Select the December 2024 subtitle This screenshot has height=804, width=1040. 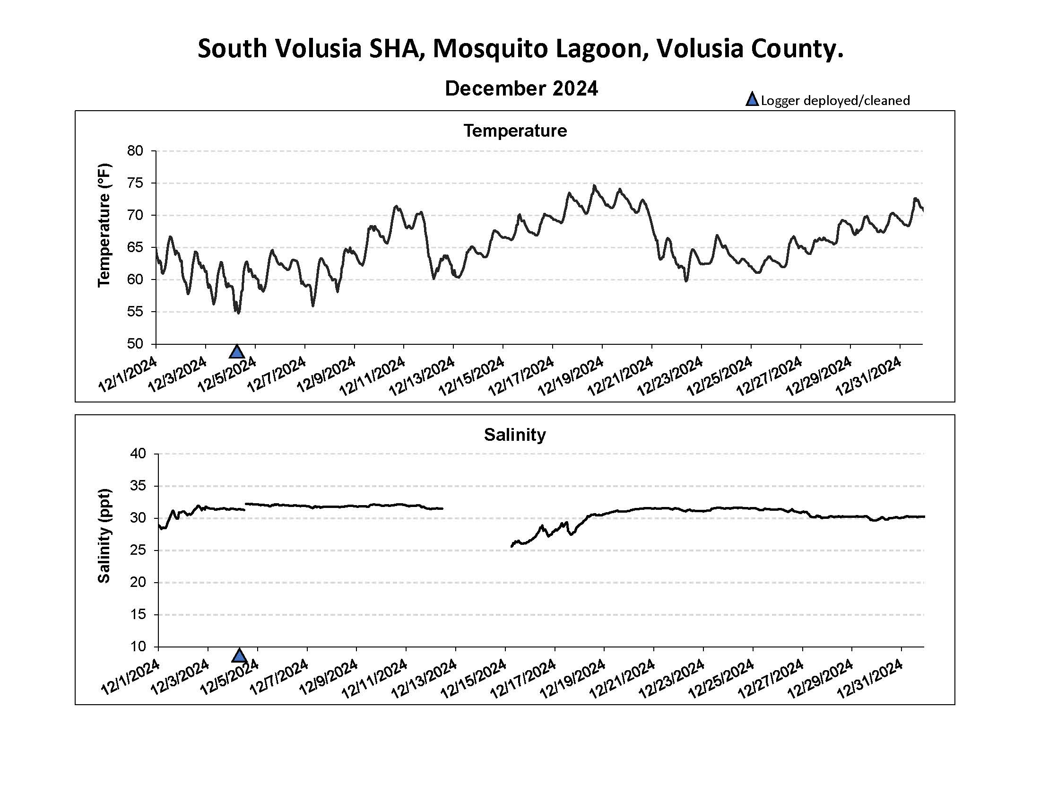(521, 88)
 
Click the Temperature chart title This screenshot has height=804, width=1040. (515, 131)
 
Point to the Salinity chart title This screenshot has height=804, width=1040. (515, 434)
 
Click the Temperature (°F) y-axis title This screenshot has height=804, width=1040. (104, 225)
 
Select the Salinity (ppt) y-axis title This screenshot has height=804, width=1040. (104, 536)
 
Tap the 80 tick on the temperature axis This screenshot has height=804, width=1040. (135, 151)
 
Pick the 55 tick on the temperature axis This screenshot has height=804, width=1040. (135, 312)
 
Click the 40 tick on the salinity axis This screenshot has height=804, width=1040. (138, 454)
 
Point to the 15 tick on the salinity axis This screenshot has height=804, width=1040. (138, 614)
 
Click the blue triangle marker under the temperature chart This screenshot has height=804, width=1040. (237, 352)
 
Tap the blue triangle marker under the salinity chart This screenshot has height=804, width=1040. (239, 655)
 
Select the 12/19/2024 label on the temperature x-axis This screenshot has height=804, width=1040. (571, 376)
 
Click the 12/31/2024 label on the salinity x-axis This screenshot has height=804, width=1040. (870, 679)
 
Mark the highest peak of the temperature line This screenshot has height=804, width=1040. (594, 185)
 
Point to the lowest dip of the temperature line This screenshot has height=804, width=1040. (238, 313)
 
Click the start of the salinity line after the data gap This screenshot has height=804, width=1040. (511, 546)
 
